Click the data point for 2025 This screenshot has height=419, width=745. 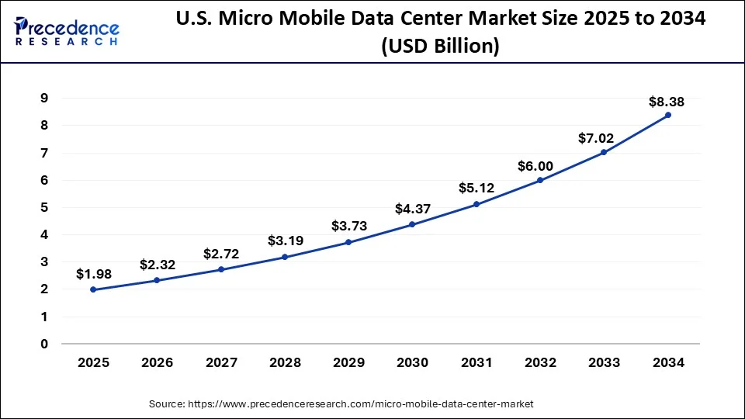(x=94, y=289)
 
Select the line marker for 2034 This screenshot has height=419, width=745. (x=668, y=115)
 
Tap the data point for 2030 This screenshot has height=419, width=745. (x=412, y=224)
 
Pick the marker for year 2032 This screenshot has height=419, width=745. (x=540, y=180)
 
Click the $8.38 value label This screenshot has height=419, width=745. (x=667, y=102)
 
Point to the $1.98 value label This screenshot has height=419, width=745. (x=94, y=274)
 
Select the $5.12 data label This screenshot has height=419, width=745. (x=476, y=188)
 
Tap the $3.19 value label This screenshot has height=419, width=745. (x=285, y=241)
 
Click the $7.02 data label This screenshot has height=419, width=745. (x=596, y=138)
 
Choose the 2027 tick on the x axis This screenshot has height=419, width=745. (x=221, y=362)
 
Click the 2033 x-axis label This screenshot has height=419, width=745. (x=604, y=362)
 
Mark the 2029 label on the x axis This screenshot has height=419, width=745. (x=348, y=362)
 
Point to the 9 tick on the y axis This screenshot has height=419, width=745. (x=44, y=98)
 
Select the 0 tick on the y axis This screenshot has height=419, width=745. (x=44, y=344)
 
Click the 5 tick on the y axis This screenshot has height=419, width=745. (x=44, y=207)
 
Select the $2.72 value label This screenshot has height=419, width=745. (x=221, y=254)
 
